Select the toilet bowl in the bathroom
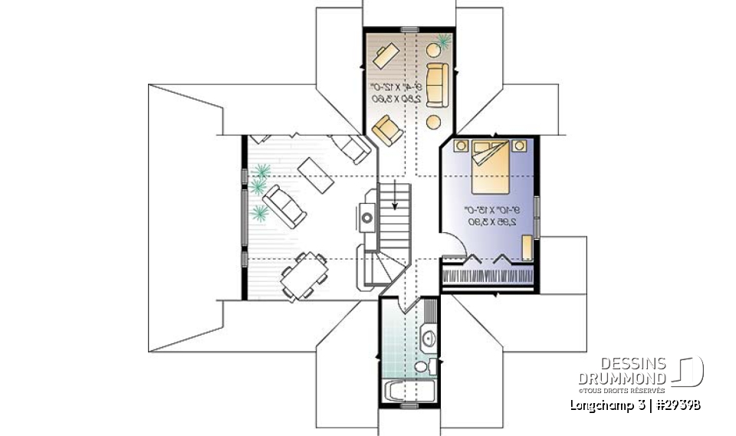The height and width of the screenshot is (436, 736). coord(422,367)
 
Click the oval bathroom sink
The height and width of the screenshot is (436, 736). coord(427,336)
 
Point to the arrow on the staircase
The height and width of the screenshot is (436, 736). coord(395,195)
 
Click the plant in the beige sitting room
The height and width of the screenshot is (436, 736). coord(443,40)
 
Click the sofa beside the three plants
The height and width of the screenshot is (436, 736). coord(284,205)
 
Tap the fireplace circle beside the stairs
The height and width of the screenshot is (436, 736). coord(367,218)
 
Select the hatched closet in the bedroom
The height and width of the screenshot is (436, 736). coord(488,275)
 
